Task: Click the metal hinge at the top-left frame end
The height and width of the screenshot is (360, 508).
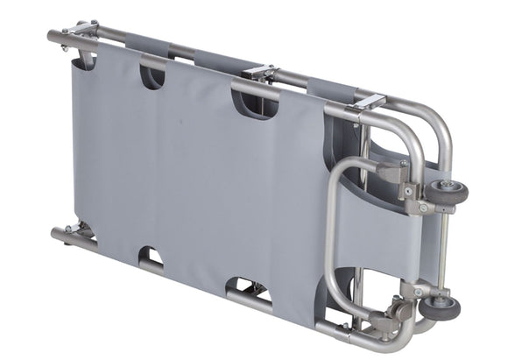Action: click(83, 32)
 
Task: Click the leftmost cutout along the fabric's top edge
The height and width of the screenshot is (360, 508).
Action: click(152, 76)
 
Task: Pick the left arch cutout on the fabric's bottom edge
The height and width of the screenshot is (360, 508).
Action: click(151, 258)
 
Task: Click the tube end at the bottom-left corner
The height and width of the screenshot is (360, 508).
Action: click(58, 234)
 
